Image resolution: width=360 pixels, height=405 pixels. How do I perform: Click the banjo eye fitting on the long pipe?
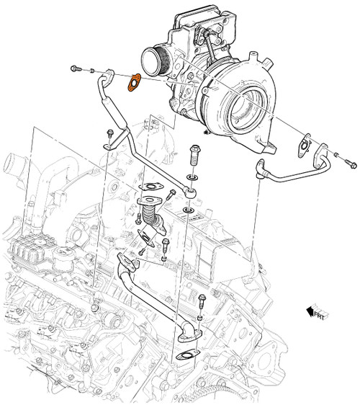click(x=188, y=191)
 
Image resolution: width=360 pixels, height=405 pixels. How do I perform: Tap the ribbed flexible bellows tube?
click(x=149, y=214)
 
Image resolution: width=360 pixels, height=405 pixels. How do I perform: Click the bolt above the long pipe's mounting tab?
click(x=109, y=133)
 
